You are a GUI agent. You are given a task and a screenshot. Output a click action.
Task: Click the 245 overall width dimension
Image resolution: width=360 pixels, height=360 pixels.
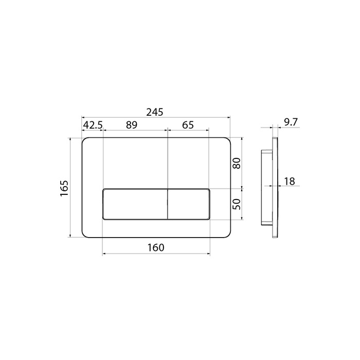point(155,112)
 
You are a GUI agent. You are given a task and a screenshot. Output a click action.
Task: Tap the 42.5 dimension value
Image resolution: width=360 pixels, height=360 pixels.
point(93,125)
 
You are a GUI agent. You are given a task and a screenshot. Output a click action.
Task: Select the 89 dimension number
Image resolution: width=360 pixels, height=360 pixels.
point(132,125)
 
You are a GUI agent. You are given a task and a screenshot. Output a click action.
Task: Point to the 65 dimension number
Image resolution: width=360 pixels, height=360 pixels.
point(188,125)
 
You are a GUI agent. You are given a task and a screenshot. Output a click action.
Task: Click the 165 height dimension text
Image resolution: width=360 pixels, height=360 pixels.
point(64,188)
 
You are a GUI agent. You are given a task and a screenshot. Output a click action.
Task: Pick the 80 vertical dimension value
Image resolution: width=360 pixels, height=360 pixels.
point(237,163)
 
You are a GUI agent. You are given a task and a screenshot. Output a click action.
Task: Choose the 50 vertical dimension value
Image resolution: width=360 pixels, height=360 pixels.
point(237,204)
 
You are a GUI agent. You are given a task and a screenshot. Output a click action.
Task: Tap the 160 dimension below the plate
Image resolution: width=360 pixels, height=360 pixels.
point(156,247)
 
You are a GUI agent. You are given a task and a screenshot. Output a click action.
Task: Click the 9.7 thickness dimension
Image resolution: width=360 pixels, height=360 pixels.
point(291,122)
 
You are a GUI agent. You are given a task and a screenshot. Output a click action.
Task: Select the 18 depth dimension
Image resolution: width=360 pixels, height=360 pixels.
point(290,182)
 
